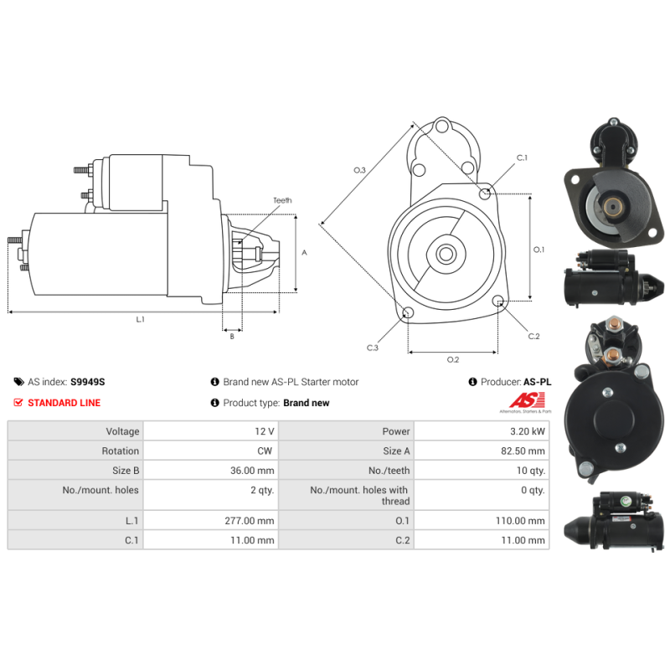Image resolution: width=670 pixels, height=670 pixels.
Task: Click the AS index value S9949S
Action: [x=88, y=382]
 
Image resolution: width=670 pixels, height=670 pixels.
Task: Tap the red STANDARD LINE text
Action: [x=64, y=403]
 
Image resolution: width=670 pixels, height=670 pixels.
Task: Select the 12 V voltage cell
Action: [x=265, y=431]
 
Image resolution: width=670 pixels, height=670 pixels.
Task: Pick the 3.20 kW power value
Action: [x=528, y=431]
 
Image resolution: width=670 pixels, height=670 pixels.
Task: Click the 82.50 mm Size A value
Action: [x=523, y=451]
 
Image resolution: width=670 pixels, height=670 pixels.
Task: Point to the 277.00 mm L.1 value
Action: [x=249, y=521]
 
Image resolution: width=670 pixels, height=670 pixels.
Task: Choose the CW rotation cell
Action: [x=265, y=451]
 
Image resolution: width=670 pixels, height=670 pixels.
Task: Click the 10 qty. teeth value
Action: [x=531, y=471]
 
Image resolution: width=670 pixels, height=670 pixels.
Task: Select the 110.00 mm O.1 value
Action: [x=520, y=521]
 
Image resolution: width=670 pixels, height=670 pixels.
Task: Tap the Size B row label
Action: [x=126, y=471]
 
